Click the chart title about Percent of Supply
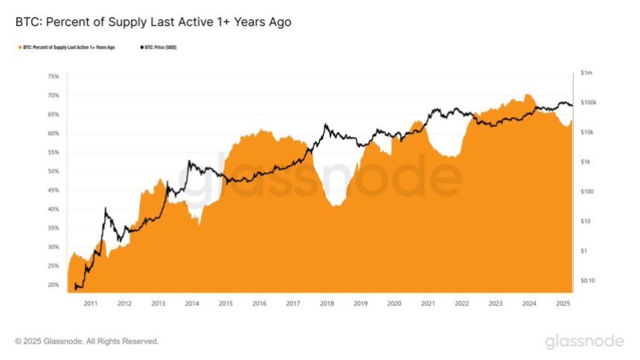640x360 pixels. [153, 22]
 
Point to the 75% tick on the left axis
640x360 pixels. [53, 77]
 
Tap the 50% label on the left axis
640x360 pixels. [53, 171]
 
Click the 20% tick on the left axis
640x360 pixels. [53, 285]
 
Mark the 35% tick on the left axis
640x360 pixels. [53, 228]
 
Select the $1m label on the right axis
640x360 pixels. [587, 73]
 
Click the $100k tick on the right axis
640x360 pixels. [589, 103]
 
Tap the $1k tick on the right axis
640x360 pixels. [586, 162]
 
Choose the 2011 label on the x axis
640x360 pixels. [90, 303]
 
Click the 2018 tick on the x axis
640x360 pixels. [326, 303]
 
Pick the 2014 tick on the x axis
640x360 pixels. [191, 303]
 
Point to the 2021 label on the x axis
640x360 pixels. [427, 303]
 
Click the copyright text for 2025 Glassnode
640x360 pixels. [86, 341]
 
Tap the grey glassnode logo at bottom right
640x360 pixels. [584, 341]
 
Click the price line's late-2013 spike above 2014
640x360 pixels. [190, 161]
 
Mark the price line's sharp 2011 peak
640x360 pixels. [106, 210]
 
